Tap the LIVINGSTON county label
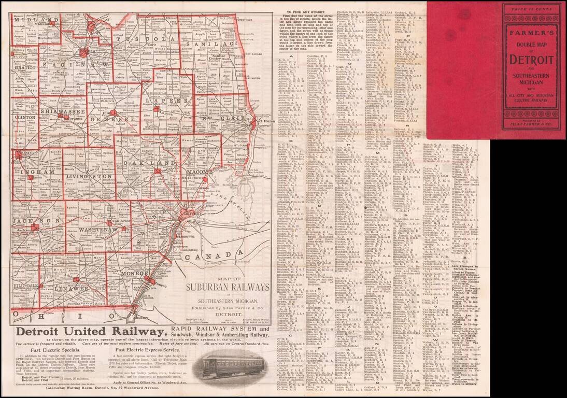[89, 177]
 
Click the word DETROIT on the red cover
[534, 59]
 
